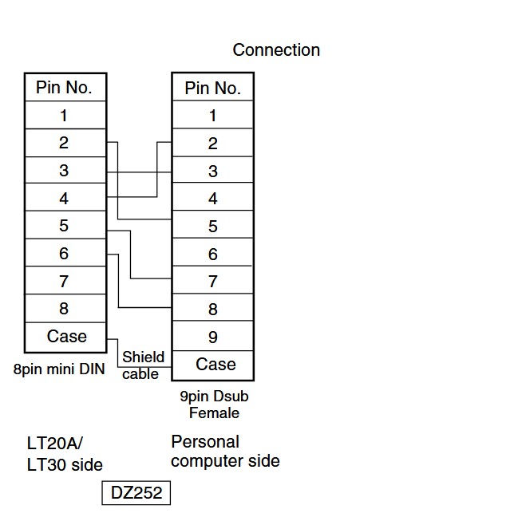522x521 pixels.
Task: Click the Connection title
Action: pyautogui.click(x=276, y=50)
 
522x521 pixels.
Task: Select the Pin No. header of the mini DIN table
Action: pyautogui.click(x=65, y=87)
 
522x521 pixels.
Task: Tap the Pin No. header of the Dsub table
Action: pyautogui.click(x=213, y=87)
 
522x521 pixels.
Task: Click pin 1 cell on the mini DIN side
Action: pyautogui.click(x=65, y=115)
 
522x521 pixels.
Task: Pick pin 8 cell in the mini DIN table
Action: pyautogui.click(x=65, y=309)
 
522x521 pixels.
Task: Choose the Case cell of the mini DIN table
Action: pyautogui.click(x=65, y=337)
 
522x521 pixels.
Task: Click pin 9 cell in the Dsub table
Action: pyautogui.click(x=213, y=336)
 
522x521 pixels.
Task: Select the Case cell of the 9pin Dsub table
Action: pyautogui.click(x=213, y=365)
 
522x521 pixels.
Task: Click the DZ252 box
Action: pyautogui.click(x=136, y=493)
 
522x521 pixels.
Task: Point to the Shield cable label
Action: pyautogui.click(x=143, y=365)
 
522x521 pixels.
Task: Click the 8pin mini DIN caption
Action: pyautogui.click(x=59, y=369)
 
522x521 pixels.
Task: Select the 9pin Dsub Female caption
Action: pyautogui.click(x=214, y=405)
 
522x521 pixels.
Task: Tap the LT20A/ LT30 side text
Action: pyautogui.click(x=65, y=454)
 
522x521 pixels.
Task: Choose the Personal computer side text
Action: pyautogui.click(x=225, y=452)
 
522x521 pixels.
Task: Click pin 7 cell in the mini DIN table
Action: pyautogui.click(x=65, y=280)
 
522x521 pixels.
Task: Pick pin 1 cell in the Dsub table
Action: pyautogui.click(x=213, y=114)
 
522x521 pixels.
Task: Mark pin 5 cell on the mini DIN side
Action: pyautogui.click(x=65, y=224)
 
